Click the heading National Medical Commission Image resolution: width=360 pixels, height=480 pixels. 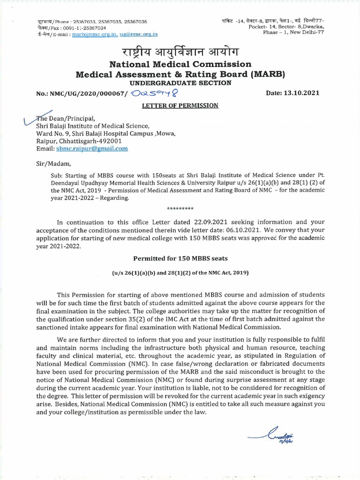180,64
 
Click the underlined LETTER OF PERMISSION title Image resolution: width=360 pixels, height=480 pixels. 180,105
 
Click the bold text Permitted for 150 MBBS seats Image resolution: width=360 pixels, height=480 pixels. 180,258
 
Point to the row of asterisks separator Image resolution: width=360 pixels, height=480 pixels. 180,208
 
